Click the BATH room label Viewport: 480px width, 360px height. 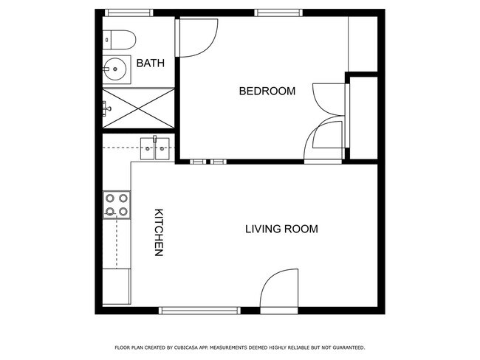pos(150,64)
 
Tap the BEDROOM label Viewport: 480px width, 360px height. pos(267,91)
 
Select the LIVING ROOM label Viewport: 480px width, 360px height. pos(281,229)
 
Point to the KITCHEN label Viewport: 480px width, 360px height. pos(158,233)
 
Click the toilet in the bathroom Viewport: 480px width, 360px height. pos(118,38)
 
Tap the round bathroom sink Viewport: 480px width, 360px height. pos(116,69)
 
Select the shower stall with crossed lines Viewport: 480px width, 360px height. pos(138,108)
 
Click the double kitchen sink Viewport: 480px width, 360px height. pos(156,148)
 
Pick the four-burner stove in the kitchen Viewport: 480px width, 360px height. pos(117,204)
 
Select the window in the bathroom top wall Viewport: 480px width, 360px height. pos(128,13)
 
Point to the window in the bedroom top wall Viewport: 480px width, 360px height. pos(278,13)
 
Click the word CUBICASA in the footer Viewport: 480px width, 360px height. pos(188,347)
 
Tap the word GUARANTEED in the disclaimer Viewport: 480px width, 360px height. pos(347,347)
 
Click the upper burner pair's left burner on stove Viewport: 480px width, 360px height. pos(110,198)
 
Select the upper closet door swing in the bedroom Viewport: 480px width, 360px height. pos(329,100)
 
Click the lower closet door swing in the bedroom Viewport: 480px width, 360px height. pos(325,140)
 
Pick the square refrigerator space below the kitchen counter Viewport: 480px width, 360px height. pos(116,286)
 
